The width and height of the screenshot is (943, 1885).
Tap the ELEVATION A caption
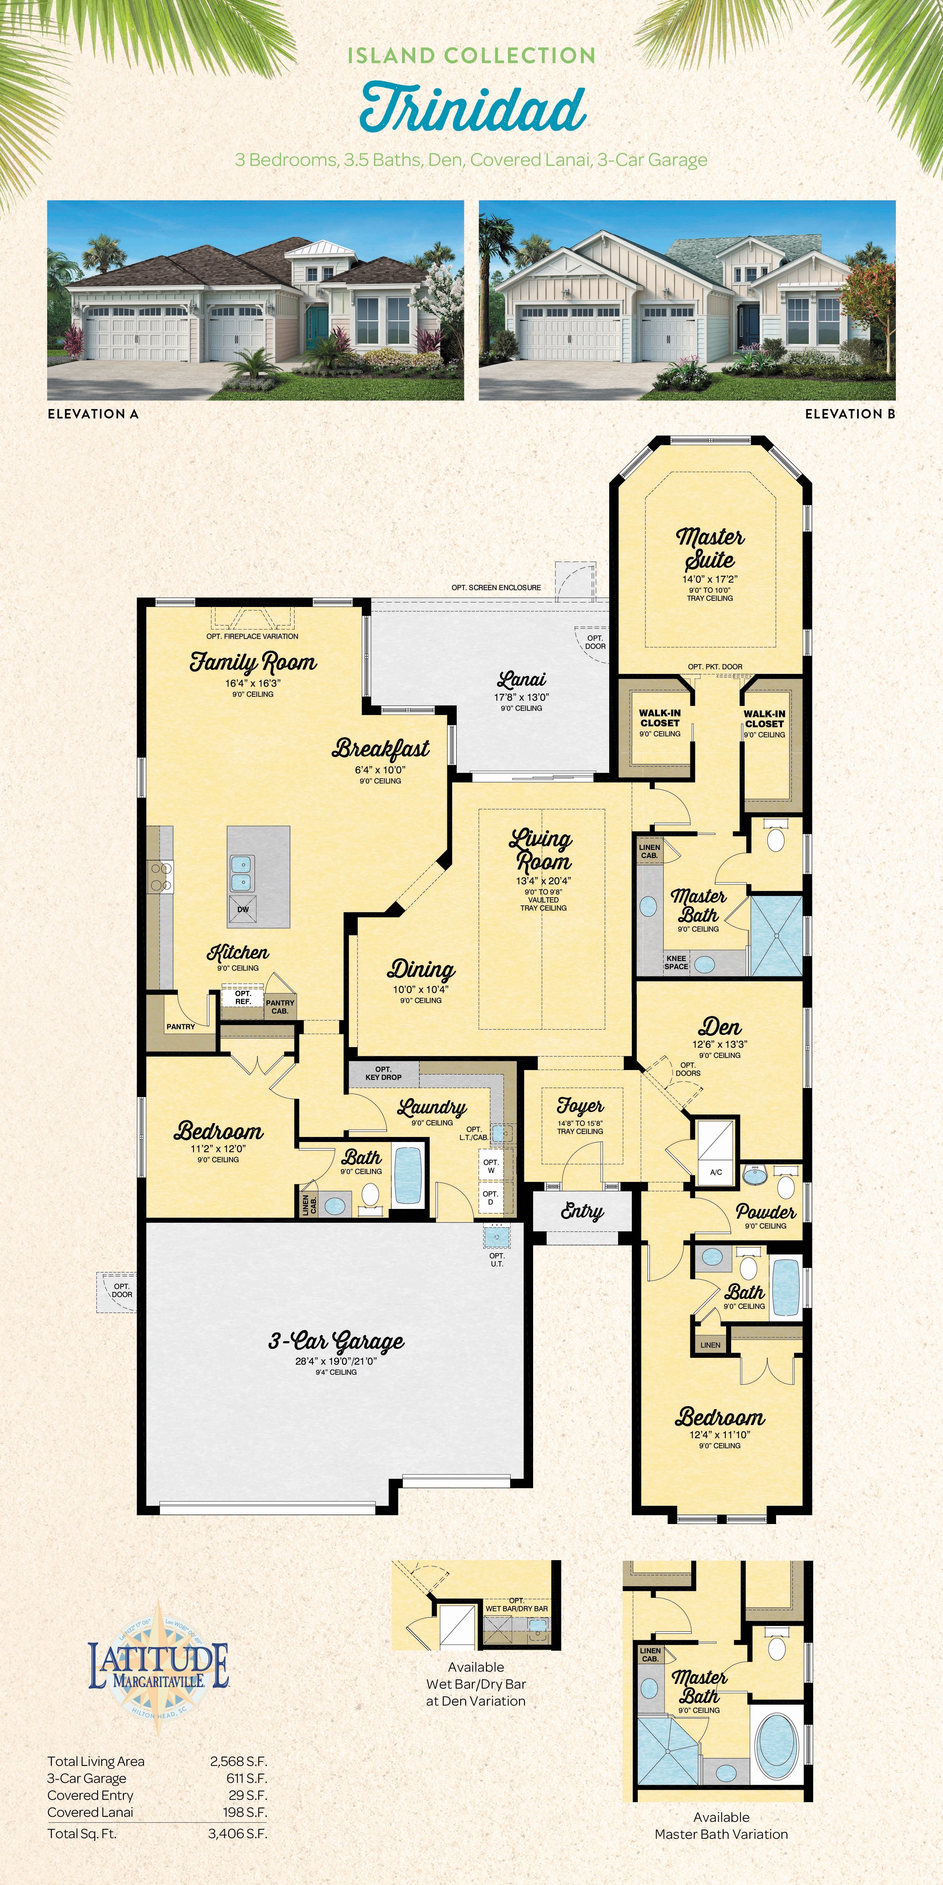point(93,413)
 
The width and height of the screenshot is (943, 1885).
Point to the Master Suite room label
point(710,548)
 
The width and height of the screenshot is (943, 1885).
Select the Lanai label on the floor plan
point(521,680)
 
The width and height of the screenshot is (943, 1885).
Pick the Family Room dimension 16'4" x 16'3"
point(253,683)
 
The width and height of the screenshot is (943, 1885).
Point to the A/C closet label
point(716,1172)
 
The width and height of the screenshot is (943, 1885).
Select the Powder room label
point(766,1212)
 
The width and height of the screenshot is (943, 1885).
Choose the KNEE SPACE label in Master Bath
point(676,962)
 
